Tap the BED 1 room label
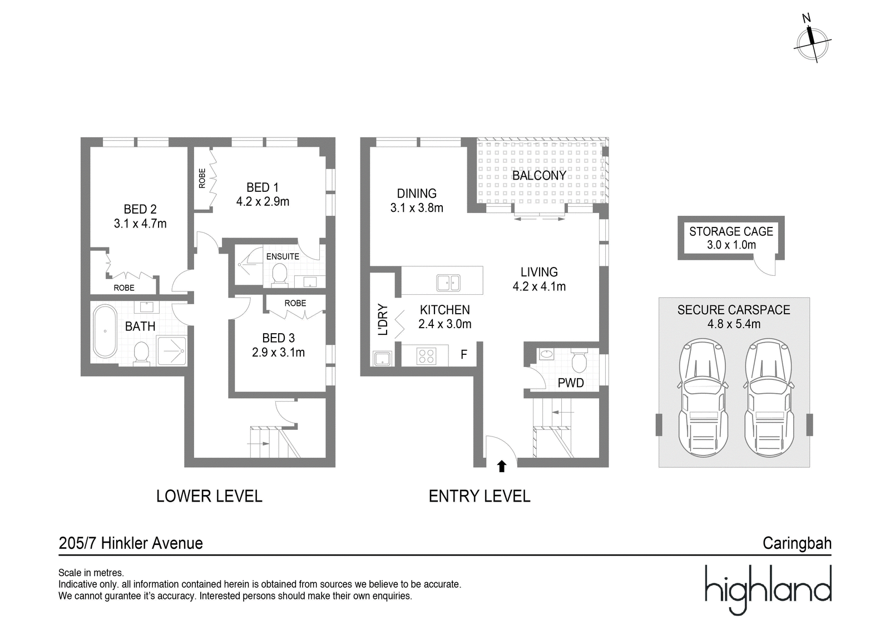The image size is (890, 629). [262, 187]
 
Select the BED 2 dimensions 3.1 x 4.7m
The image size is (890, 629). [140, 224]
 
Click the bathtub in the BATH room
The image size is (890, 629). [105, 331]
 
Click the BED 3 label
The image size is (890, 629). [278, 338]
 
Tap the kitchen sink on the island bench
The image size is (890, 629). [448, 283]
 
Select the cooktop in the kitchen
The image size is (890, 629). [426, 356]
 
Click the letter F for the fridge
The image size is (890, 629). [464, 354]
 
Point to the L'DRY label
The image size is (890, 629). [383, 319]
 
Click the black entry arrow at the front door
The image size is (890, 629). [502, 466]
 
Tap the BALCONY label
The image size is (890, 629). [539, 176]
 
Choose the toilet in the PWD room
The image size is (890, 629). [579, 360]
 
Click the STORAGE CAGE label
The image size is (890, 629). [731, 232]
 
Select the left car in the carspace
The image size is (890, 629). [703, 397]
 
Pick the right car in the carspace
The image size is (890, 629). [769, 397]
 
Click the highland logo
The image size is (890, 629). [768, 590]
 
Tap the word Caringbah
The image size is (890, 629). [797, 543]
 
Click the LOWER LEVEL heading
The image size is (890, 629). [209, 496]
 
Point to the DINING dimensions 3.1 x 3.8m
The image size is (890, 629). [417, 208]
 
